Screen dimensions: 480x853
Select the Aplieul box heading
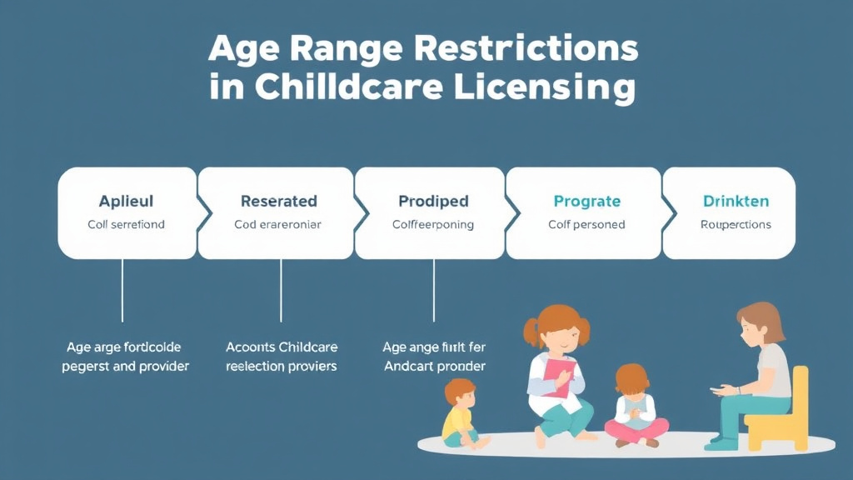[x=126, y=201]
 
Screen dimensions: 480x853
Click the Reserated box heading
[x=278, y=201]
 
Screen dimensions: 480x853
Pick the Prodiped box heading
[x=433, y=201]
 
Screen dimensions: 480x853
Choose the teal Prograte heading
[x=586, y=201]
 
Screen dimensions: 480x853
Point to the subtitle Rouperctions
[x=736, y=225]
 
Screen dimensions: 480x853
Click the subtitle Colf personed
[x=586, y=225]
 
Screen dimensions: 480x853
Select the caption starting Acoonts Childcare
[x=282, y=357]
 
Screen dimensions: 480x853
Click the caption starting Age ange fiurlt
[x=434, y=357]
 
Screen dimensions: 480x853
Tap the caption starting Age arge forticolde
[x=125, y=357]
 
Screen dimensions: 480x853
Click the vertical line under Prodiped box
[x=434, y=290]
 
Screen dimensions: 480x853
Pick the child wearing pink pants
[x=636, y=408]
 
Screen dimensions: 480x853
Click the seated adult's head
[x=759, y=322]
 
